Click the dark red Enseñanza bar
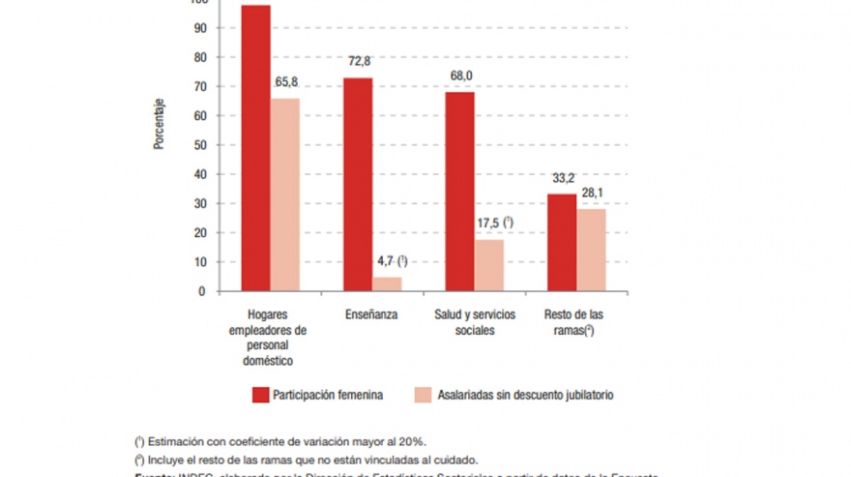coord(358,184)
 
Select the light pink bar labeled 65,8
coord(285,194)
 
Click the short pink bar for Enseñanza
coord(387,283)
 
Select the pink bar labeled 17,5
coord(488,264)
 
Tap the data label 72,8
coord(359,61)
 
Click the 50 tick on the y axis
coord(201,145)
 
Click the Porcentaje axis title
coord(159,124)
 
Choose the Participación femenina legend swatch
coord(259,395)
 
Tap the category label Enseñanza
coord(371,315)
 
